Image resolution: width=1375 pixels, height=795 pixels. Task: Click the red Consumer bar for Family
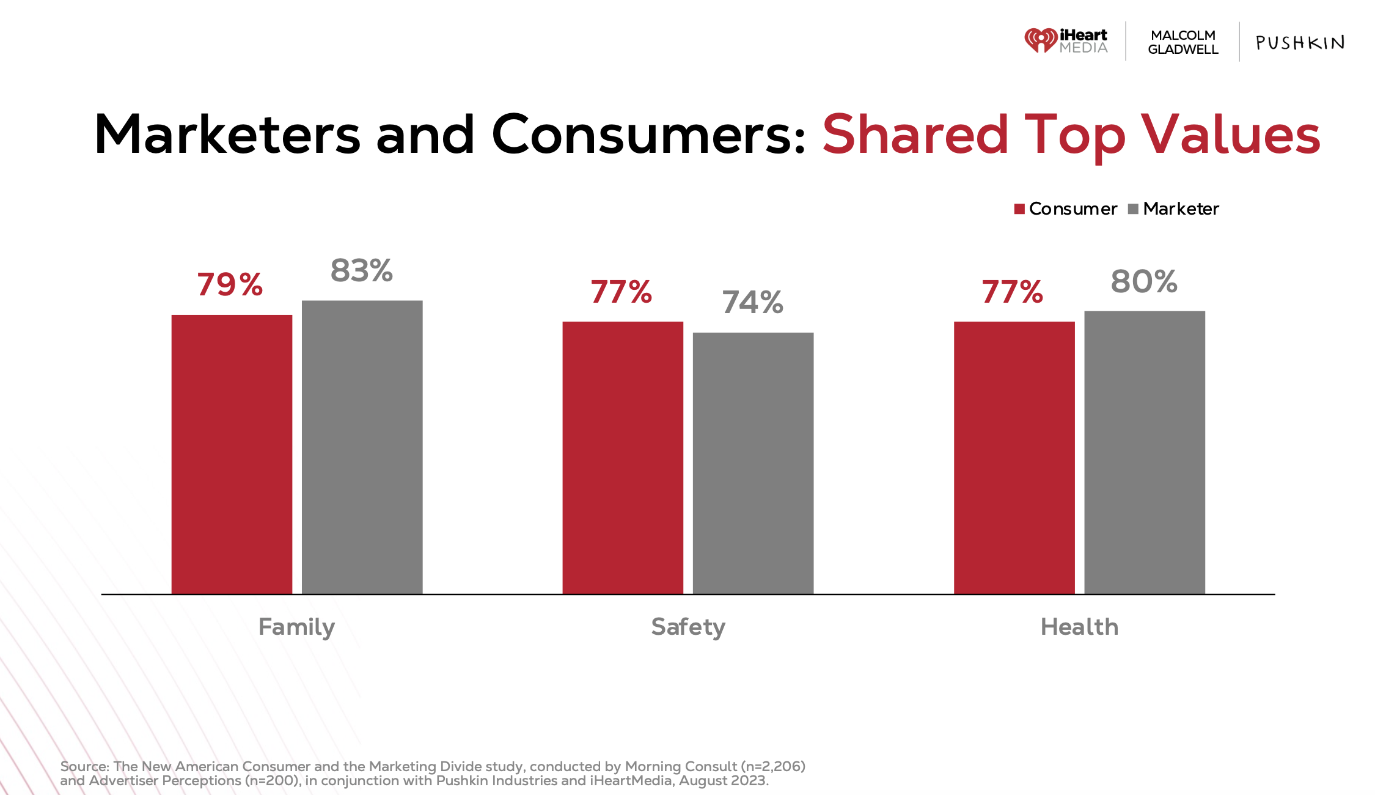pos(232,454)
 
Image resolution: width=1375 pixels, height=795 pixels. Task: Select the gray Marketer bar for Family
pos(362,446)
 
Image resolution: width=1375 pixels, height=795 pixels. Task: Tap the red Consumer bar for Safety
pos(623,457)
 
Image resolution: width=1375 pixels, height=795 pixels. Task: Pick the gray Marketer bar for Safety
pos(753,463)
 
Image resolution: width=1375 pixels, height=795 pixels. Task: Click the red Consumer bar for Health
pos(1014,457)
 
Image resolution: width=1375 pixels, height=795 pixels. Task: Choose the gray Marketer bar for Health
pos(1145,452)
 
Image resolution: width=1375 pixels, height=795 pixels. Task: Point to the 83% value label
pos(361,270)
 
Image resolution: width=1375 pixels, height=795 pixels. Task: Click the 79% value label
pos(230,284)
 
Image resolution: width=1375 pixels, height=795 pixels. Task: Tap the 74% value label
pos(752,302)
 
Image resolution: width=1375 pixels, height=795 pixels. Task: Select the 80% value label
pos(1143,281)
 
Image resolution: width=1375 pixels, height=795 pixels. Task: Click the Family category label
pos(296,627)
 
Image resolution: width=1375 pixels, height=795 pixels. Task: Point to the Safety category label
pos(688,627)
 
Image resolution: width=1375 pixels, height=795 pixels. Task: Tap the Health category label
pos(1079,627)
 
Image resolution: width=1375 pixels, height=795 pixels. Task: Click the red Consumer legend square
pos(1019,209)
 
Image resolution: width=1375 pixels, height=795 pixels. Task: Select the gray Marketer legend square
pos(1133,209)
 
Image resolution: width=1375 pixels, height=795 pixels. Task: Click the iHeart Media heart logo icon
pos(1041,40)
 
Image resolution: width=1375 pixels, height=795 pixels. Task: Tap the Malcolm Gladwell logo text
pos(1183,42)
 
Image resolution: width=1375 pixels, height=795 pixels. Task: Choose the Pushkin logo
pos(1300,42)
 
